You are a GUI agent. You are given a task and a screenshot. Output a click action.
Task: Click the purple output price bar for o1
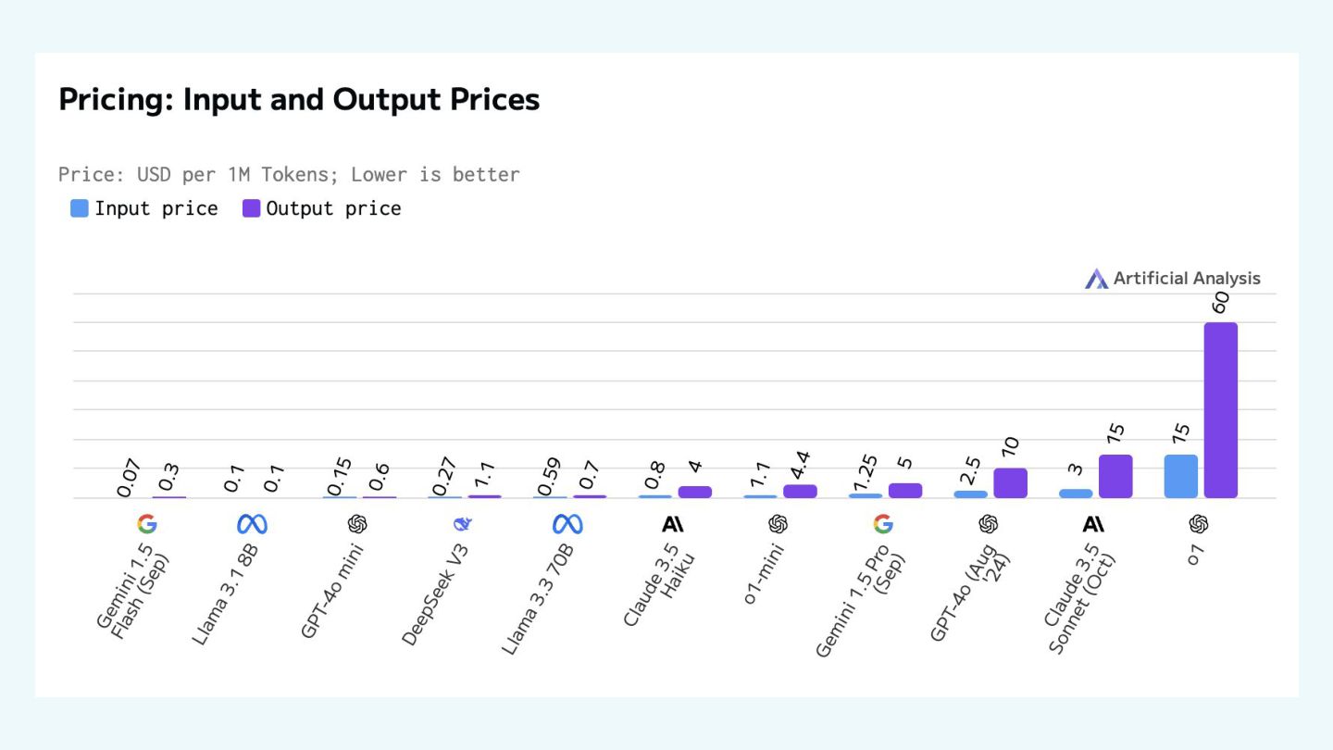[x=1220, y=410]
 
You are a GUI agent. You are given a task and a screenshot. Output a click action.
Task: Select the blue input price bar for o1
[x=1180, y=476]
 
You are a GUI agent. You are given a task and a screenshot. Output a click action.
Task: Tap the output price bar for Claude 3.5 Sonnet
[x=1115, y=476]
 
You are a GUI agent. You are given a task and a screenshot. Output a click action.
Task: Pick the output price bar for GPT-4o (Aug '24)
[x=1010, y=482]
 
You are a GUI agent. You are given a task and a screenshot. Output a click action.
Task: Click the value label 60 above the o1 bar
[x=1220, y=303]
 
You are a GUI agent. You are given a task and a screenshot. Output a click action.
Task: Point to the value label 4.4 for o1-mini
[x=800, y=461]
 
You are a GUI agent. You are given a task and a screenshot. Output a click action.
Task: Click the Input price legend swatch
[x=80, y=208]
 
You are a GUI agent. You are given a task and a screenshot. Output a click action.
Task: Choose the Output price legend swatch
[x=251, y=208]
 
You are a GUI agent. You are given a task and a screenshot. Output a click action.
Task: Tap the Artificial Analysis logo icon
[x=1096, y=279]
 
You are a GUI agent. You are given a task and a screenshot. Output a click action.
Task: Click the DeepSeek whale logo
[x=462, y=525]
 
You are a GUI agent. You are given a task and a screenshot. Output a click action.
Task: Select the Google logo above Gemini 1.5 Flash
[x=146, y=525]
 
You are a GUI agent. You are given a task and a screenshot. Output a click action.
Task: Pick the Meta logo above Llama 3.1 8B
[x=252, y=525]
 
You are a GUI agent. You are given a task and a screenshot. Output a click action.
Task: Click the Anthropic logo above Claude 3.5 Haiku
[x=673, y=525]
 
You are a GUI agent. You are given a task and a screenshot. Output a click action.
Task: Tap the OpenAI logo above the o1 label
[x=1199, y=525]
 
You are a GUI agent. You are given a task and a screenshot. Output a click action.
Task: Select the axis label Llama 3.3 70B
[x=539, y=599]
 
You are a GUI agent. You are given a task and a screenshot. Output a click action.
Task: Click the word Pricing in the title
[x=116, y=99]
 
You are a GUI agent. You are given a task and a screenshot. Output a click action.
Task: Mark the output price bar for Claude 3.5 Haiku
[x=694, y=492]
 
